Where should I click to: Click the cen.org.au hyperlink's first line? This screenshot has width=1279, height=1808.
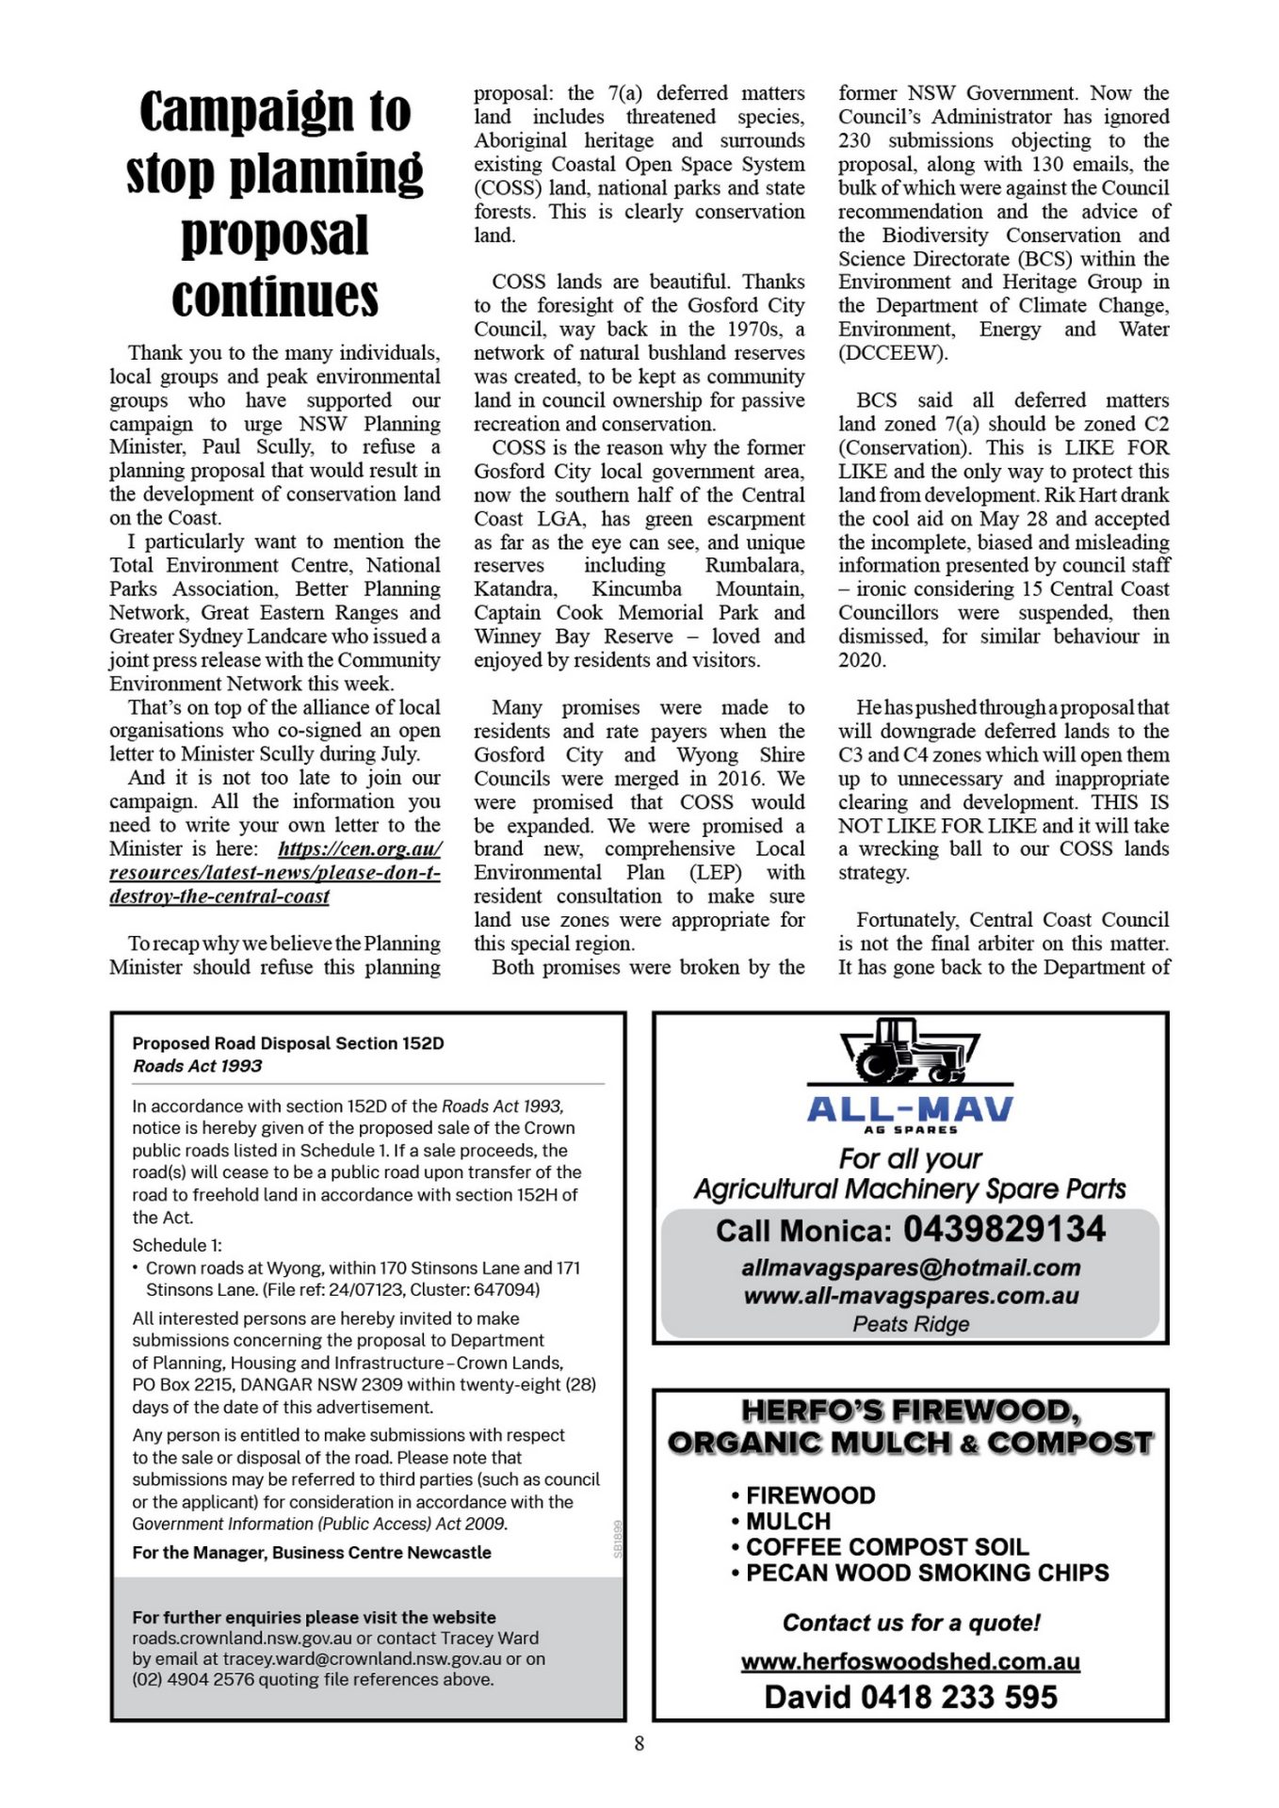tap(360, 848)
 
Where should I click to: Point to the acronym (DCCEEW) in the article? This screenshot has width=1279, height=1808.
tap(893, 353)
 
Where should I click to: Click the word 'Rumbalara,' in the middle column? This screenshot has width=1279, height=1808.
tap(754, 566)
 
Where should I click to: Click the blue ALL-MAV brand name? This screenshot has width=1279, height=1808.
tap(910, 1108)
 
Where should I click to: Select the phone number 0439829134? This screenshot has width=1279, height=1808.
tap(1004, 1229)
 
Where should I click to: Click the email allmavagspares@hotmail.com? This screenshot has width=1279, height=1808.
tap(910, 1267)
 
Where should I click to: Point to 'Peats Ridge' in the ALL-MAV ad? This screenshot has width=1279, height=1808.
tap(910, 1324)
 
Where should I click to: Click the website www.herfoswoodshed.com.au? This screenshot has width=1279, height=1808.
tap(910, 1661)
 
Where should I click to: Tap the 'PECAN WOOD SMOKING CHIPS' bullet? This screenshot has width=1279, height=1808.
tap(927, 1573)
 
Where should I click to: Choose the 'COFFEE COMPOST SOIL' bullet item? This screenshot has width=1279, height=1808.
tap(887, 1547)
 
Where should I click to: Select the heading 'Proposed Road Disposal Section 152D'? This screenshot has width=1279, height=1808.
tap(288, 1043)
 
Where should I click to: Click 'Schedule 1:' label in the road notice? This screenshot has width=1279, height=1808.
tap(177, 1245)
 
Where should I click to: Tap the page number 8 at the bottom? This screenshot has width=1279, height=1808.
tap(639, 1744)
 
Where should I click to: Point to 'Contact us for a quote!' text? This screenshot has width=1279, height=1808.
tap(911, 1622)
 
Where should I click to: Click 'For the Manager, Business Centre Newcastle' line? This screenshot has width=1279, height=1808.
tap(312, 1552)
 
